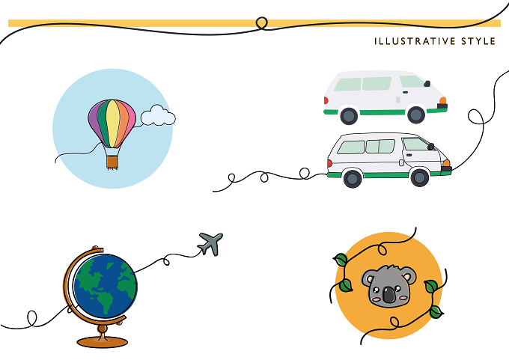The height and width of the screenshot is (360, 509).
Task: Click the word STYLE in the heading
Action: pos(478,41)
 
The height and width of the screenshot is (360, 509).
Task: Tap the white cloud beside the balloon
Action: pos(158,115)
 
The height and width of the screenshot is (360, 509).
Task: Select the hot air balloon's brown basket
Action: pos(112,162)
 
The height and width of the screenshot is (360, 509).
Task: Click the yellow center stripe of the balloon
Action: pos(112,123)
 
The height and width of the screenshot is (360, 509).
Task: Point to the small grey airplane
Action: pos(210,243)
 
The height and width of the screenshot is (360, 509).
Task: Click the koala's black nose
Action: pos(388,294)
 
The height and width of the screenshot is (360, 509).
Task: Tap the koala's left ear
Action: pos(368,278)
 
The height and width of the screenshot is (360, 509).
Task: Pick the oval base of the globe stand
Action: pos(103,342)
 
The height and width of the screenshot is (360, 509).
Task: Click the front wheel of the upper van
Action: pos(416,115)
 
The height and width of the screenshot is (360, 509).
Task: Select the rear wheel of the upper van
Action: pos(349,115)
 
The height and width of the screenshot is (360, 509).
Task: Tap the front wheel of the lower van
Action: pos(419,177)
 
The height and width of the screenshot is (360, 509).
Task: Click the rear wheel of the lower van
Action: pos(353,178)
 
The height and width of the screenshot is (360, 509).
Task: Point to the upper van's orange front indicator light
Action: pos(443,100)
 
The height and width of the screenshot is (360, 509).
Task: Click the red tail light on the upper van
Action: pos(326,100)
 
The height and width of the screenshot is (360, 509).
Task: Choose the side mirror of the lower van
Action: pos(430,147)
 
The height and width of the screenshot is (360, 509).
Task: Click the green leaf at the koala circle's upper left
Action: pos(341,260)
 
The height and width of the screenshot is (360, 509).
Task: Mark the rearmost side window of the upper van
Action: pos(347,85)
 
